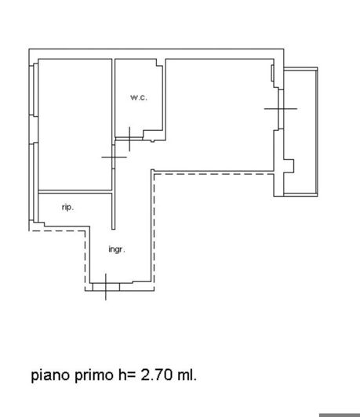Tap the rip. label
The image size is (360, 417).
[x=68, y=207]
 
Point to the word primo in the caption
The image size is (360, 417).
[x=97, y=375]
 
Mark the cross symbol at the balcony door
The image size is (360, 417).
[x=280, y=107]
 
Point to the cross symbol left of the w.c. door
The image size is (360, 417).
[x=115, y=158]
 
